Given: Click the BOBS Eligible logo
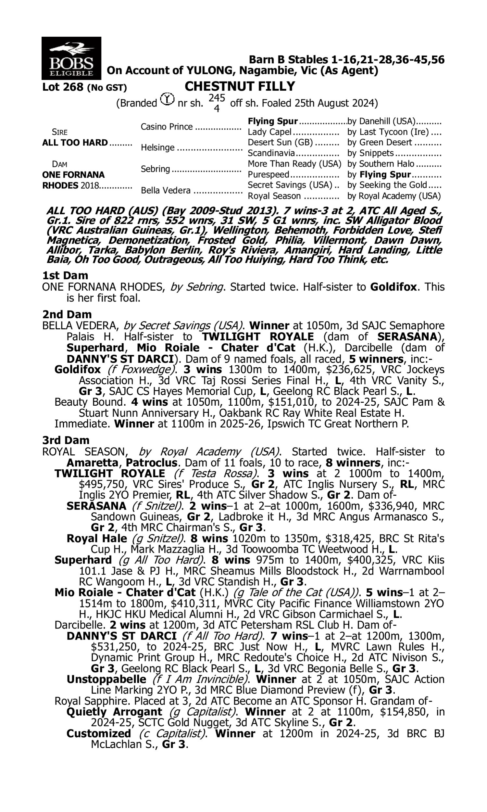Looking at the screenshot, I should point(71,58).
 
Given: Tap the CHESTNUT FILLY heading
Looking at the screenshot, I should point(240,86).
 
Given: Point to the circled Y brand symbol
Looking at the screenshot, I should point(167,99).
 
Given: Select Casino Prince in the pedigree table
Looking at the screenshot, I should point(166,127).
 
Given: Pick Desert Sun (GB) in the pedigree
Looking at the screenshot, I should point(280,143).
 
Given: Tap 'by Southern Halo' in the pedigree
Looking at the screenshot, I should point(381,164).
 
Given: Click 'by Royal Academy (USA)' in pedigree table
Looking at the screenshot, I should point(394,196).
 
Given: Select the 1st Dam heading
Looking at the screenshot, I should point(65,275).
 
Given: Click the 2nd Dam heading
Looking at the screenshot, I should point(67,314).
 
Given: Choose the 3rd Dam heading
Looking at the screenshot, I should point(66,440).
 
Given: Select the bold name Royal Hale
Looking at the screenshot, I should point(96,539).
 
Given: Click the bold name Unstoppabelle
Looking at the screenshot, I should point(106,679).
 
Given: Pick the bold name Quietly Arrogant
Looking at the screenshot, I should point(114,712).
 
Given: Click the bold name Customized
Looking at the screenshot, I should point(98,733).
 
